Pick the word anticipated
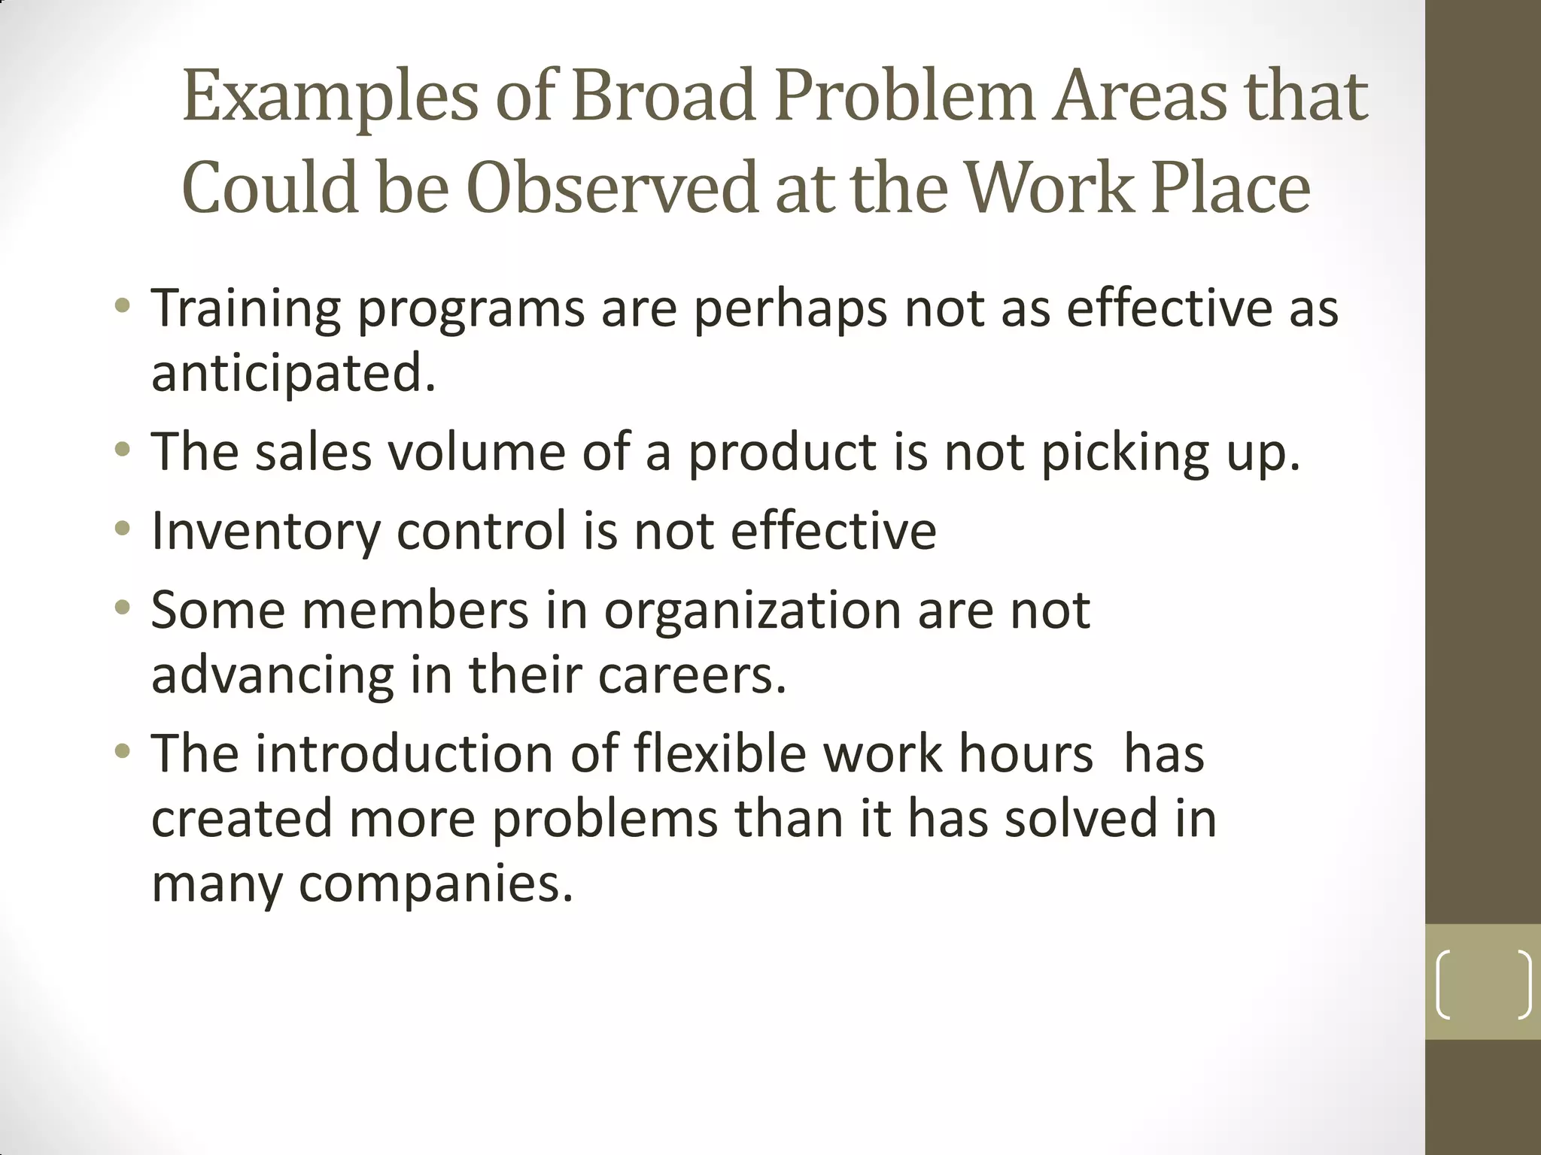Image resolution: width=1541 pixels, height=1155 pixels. [293, 374]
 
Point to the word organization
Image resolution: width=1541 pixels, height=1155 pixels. [752, 611]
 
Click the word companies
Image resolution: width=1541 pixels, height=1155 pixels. [436, 885]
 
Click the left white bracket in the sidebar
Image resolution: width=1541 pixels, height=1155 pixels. [1443, 984]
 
